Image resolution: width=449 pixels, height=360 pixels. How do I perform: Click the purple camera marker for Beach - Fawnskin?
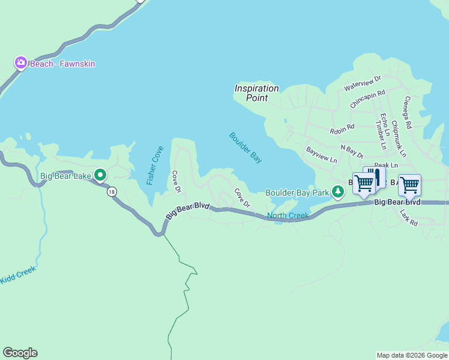click(x=21, y=63)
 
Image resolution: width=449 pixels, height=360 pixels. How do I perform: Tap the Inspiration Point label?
click(x=256, y=92)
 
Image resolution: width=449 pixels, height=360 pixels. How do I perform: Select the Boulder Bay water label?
click(x=246, y=148)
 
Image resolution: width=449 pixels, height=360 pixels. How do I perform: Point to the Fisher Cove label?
click(x=155, y=166)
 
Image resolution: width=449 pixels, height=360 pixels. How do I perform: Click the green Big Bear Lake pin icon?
click(x=100, y=175)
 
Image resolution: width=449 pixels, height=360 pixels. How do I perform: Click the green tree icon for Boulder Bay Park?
click(x=339, y=192)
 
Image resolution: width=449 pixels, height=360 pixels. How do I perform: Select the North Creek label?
click(x=288, y=215)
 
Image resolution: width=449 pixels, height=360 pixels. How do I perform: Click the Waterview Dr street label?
click(x=363, y=84)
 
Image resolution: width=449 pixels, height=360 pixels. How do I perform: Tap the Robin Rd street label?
click(x=342, y=128)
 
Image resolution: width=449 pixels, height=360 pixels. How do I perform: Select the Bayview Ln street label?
click(x=322, y=155)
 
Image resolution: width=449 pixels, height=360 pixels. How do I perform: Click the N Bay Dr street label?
click(x=352, y=151)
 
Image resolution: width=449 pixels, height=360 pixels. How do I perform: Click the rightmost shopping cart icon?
click(x=409, y=185)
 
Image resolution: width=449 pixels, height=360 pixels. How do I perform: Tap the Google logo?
click(x=20, y=353)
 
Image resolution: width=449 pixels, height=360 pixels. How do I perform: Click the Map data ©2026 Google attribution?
click(x=412, y=355)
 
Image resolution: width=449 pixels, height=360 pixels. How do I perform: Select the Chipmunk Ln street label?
click(x=399, y=139)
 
